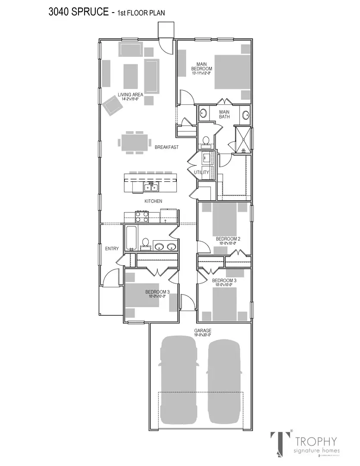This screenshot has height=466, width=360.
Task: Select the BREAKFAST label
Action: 166,147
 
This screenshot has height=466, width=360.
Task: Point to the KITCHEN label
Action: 153,201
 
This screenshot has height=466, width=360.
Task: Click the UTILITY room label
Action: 201,173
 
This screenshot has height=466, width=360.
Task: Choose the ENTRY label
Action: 112,249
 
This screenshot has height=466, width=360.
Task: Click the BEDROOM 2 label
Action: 228,239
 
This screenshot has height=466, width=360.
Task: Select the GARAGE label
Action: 202,331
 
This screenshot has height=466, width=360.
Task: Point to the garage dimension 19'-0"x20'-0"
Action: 202,335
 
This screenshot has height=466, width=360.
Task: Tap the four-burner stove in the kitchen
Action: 142,216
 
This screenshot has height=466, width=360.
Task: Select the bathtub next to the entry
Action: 131,238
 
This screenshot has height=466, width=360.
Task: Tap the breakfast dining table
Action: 135,142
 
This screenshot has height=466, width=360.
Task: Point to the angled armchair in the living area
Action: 111,105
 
